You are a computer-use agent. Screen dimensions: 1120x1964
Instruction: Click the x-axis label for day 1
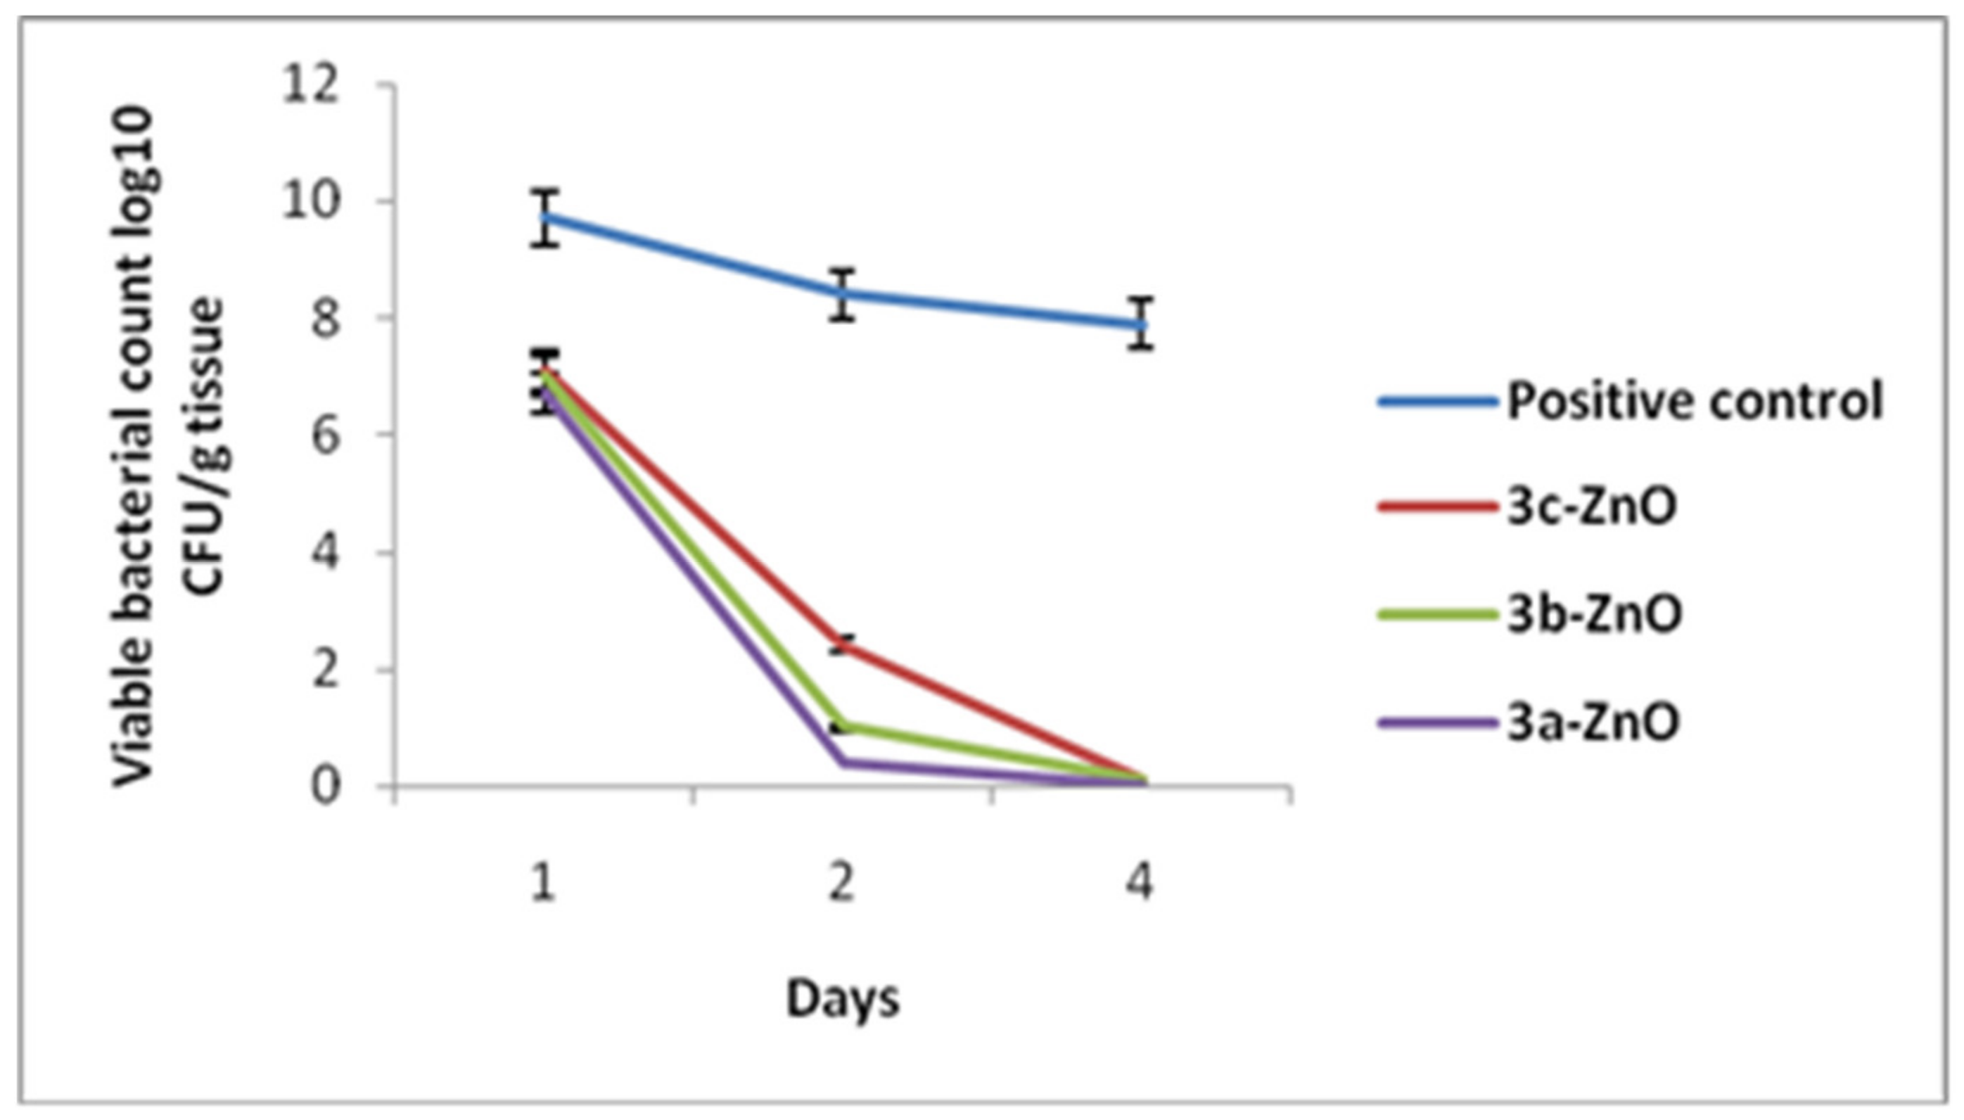[x=544, y=882]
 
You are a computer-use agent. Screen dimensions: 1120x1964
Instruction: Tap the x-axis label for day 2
[x=843, y=882]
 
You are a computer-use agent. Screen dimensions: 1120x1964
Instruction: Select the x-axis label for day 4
[x=1141, y=882]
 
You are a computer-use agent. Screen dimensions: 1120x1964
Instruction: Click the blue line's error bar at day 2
[x=843, y=294]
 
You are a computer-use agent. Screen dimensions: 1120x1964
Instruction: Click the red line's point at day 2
[x=843, y=644]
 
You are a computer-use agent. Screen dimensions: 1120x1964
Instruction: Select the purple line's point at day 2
[x=843, y=761]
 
